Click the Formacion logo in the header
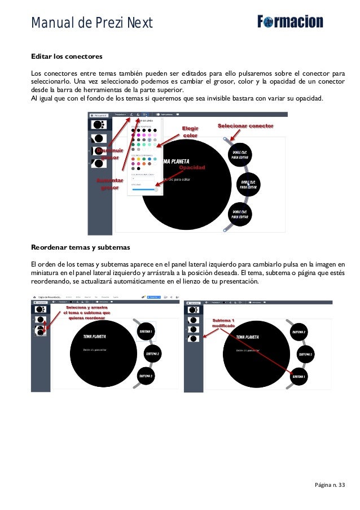[290, 22]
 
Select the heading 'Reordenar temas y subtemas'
[81, 247]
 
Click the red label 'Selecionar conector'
[245, 126]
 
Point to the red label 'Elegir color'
[190, 132]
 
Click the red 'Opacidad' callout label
[192, 168]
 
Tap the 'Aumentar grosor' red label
[109, 184]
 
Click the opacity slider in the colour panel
[144, 190]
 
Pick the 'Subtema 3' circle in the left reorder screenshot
[146, 376]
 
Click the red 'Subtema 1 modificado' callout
[223, 324]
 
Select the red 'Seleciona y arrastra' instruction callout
[87, 312]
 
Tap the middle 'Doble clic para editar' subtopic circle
[248, 184]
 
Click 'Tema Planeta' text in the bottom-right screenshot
[248, 337]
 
